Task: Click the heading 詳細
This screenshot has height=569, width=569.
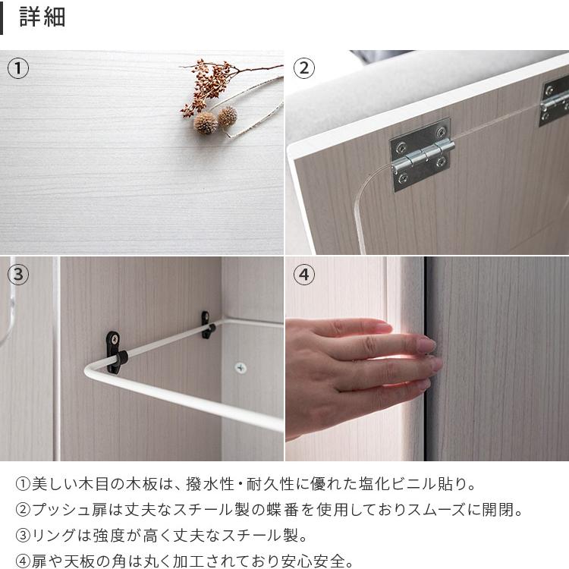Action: coord(42,17)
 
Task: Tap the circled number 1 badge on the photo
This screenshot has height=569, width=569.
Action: coord(18,68)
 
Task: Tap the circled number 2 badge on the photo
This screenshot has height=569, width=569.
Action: coord(303,68)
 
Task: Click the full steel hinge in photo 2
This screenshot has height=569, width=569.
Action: coord(421,154)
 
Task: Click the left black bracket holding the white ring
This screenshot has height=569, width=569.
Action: coord(114,351)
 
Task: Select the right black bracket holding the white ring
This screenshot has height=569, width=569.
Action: coord(206,324)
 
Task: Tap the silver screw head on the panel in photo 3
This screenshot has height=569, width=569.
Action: coord(240,368)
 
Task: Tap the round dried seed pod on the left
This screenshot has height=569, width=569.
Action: coord(205,123)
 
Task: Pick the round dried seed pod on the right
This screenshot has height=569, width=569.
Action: coord(227,116)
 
